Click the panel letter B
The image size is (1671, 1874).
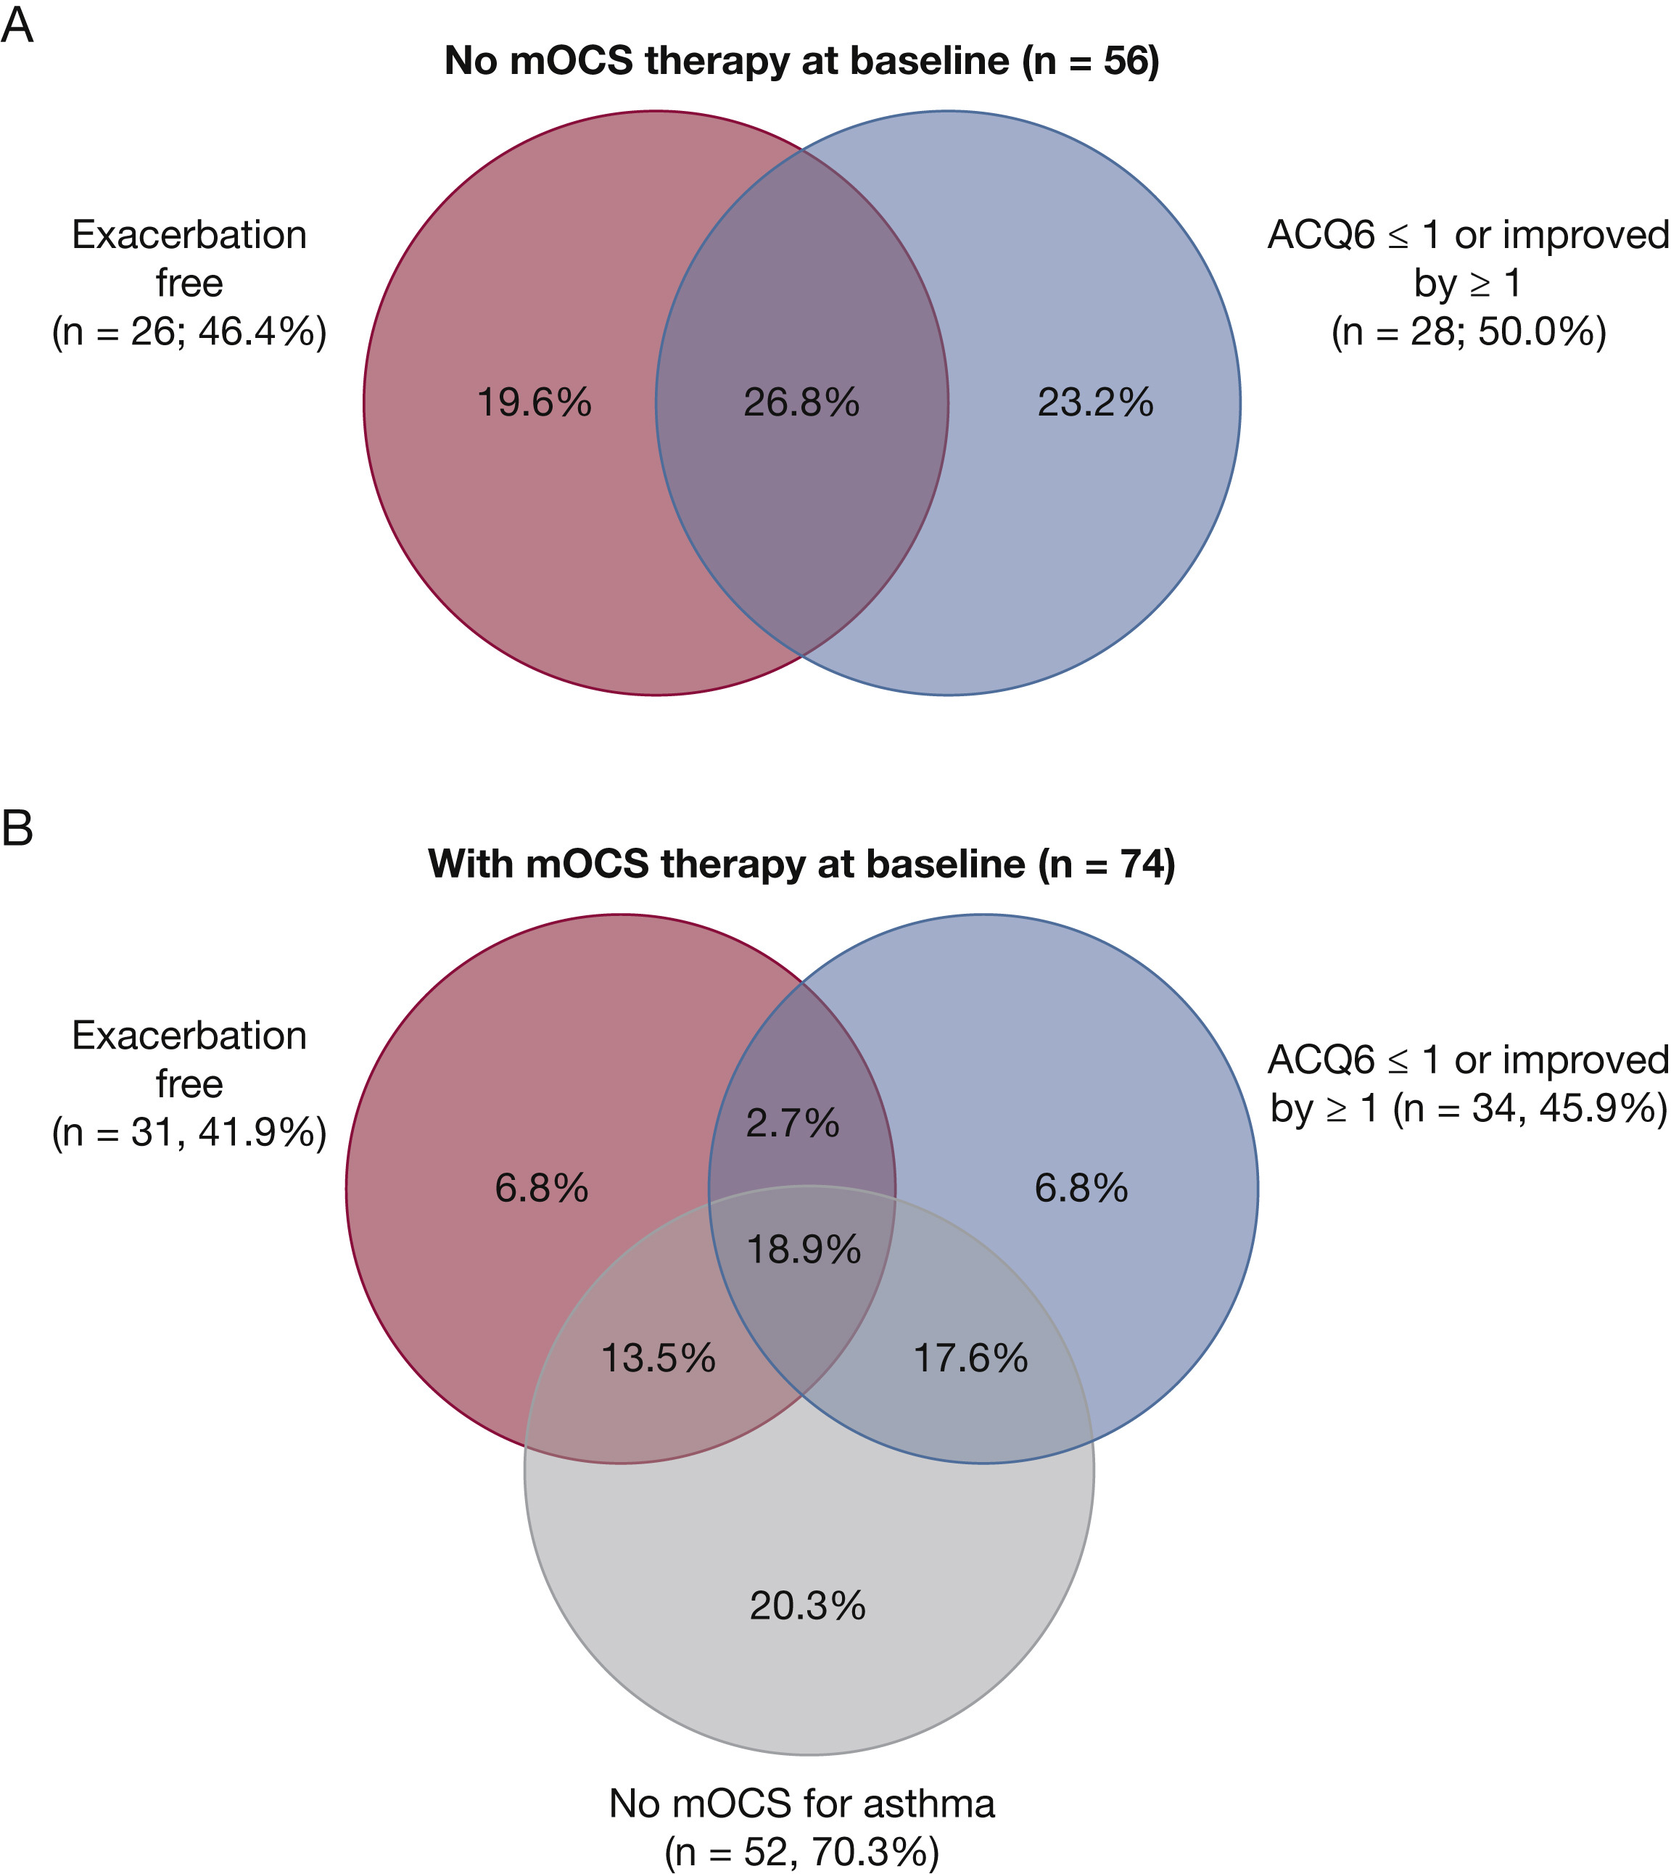(x=17, y=829)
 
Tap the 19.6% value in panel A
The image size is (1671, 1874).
(x=535, y=403)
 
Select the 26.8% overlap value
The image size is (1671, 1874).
(x=801, y=403)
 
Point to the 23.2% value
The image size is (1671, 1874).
(x=1095, y=403)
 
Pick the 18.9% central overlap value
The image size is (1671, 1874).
(x=804, y=1250)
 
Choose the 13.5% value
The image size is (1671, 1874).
(x=659, y=1358)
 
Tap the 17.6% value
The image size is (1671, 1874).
(x=970, y=1358)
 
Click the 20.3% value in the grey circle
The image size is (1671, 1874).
(x=808, y=1606)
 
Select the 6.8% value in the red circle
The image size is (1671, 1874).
(x=542, y=1189)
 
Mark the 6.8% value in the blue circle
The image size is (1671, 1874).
(x=1081, y=1189)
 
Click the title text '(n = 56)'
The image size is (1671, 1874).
(x=1092, y=62)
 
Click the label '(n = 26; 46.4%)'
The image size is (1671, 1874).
(x=189, y=331)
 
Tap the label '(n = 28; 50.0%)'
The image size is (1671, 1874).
(x=1468, y=331)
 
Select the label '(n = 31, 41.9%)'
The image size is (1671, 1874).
(x=189, y=1132)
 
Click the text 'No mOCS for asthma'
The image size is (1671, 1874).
(x=801, y=1804)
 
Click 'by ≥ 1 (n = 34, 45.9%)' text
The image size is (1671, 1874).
(x=1468, y=1108)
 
